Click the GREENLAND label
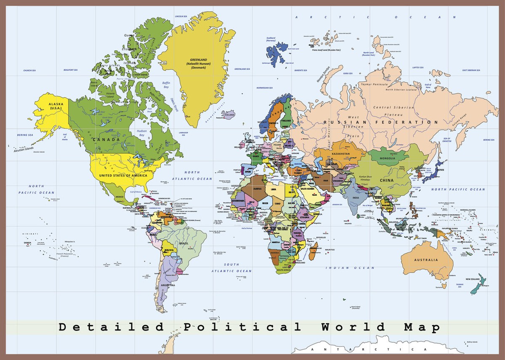[199, 60]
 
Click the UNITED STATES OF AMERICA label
[123, 175]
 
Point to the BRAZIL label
[183, 244]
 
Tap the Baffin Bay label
[166, 85]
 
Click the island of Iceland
[230, 114]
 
